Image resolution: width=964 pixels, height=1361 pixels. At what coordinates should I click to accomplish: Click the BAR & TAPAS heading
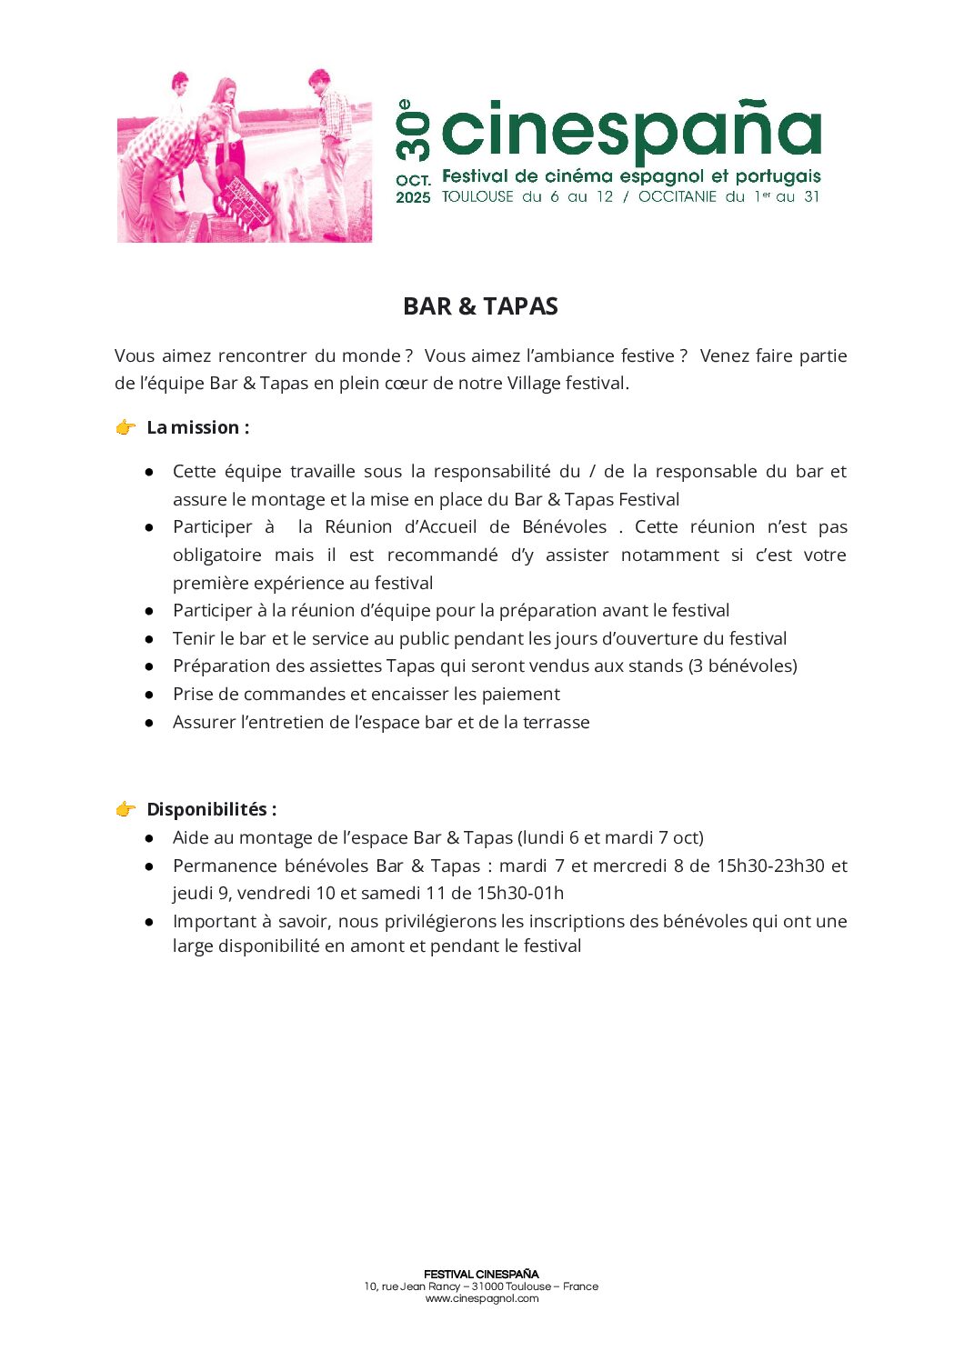480,306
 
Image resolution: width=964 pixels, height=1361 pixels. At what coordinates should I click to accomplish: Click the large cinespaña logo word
631,130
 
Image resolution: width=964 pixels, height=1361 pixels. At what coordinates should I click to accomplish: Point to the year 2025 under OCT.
413,197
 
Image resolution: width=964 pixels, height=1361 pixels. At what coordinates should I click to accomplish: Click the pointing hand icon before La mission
126,427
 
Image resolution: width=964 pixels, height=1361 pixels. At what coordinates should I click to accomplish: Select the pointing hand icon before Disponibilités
126,809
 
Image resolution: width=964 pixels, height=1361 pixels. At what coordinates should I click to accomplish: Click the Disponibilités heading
211,809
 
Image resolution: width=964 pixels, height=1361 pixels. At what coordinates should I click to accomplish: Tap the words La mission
197,427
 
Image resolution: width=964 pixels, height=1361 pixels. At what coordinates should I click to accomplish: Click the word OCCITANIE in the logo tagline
678,196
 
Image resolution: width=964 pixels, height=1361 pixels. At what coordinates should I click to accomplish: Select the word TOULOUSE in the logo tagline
477,196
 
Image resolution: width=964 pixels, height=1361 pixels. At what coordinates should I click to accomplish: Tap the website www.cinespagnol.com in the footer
482,1298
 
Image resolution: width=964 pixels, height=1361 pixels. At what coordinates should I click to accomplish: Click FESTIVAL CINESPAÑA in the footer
481,1275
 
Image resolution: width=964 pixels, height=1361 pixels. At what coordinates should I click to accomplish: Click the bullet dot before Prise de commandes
149,695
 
